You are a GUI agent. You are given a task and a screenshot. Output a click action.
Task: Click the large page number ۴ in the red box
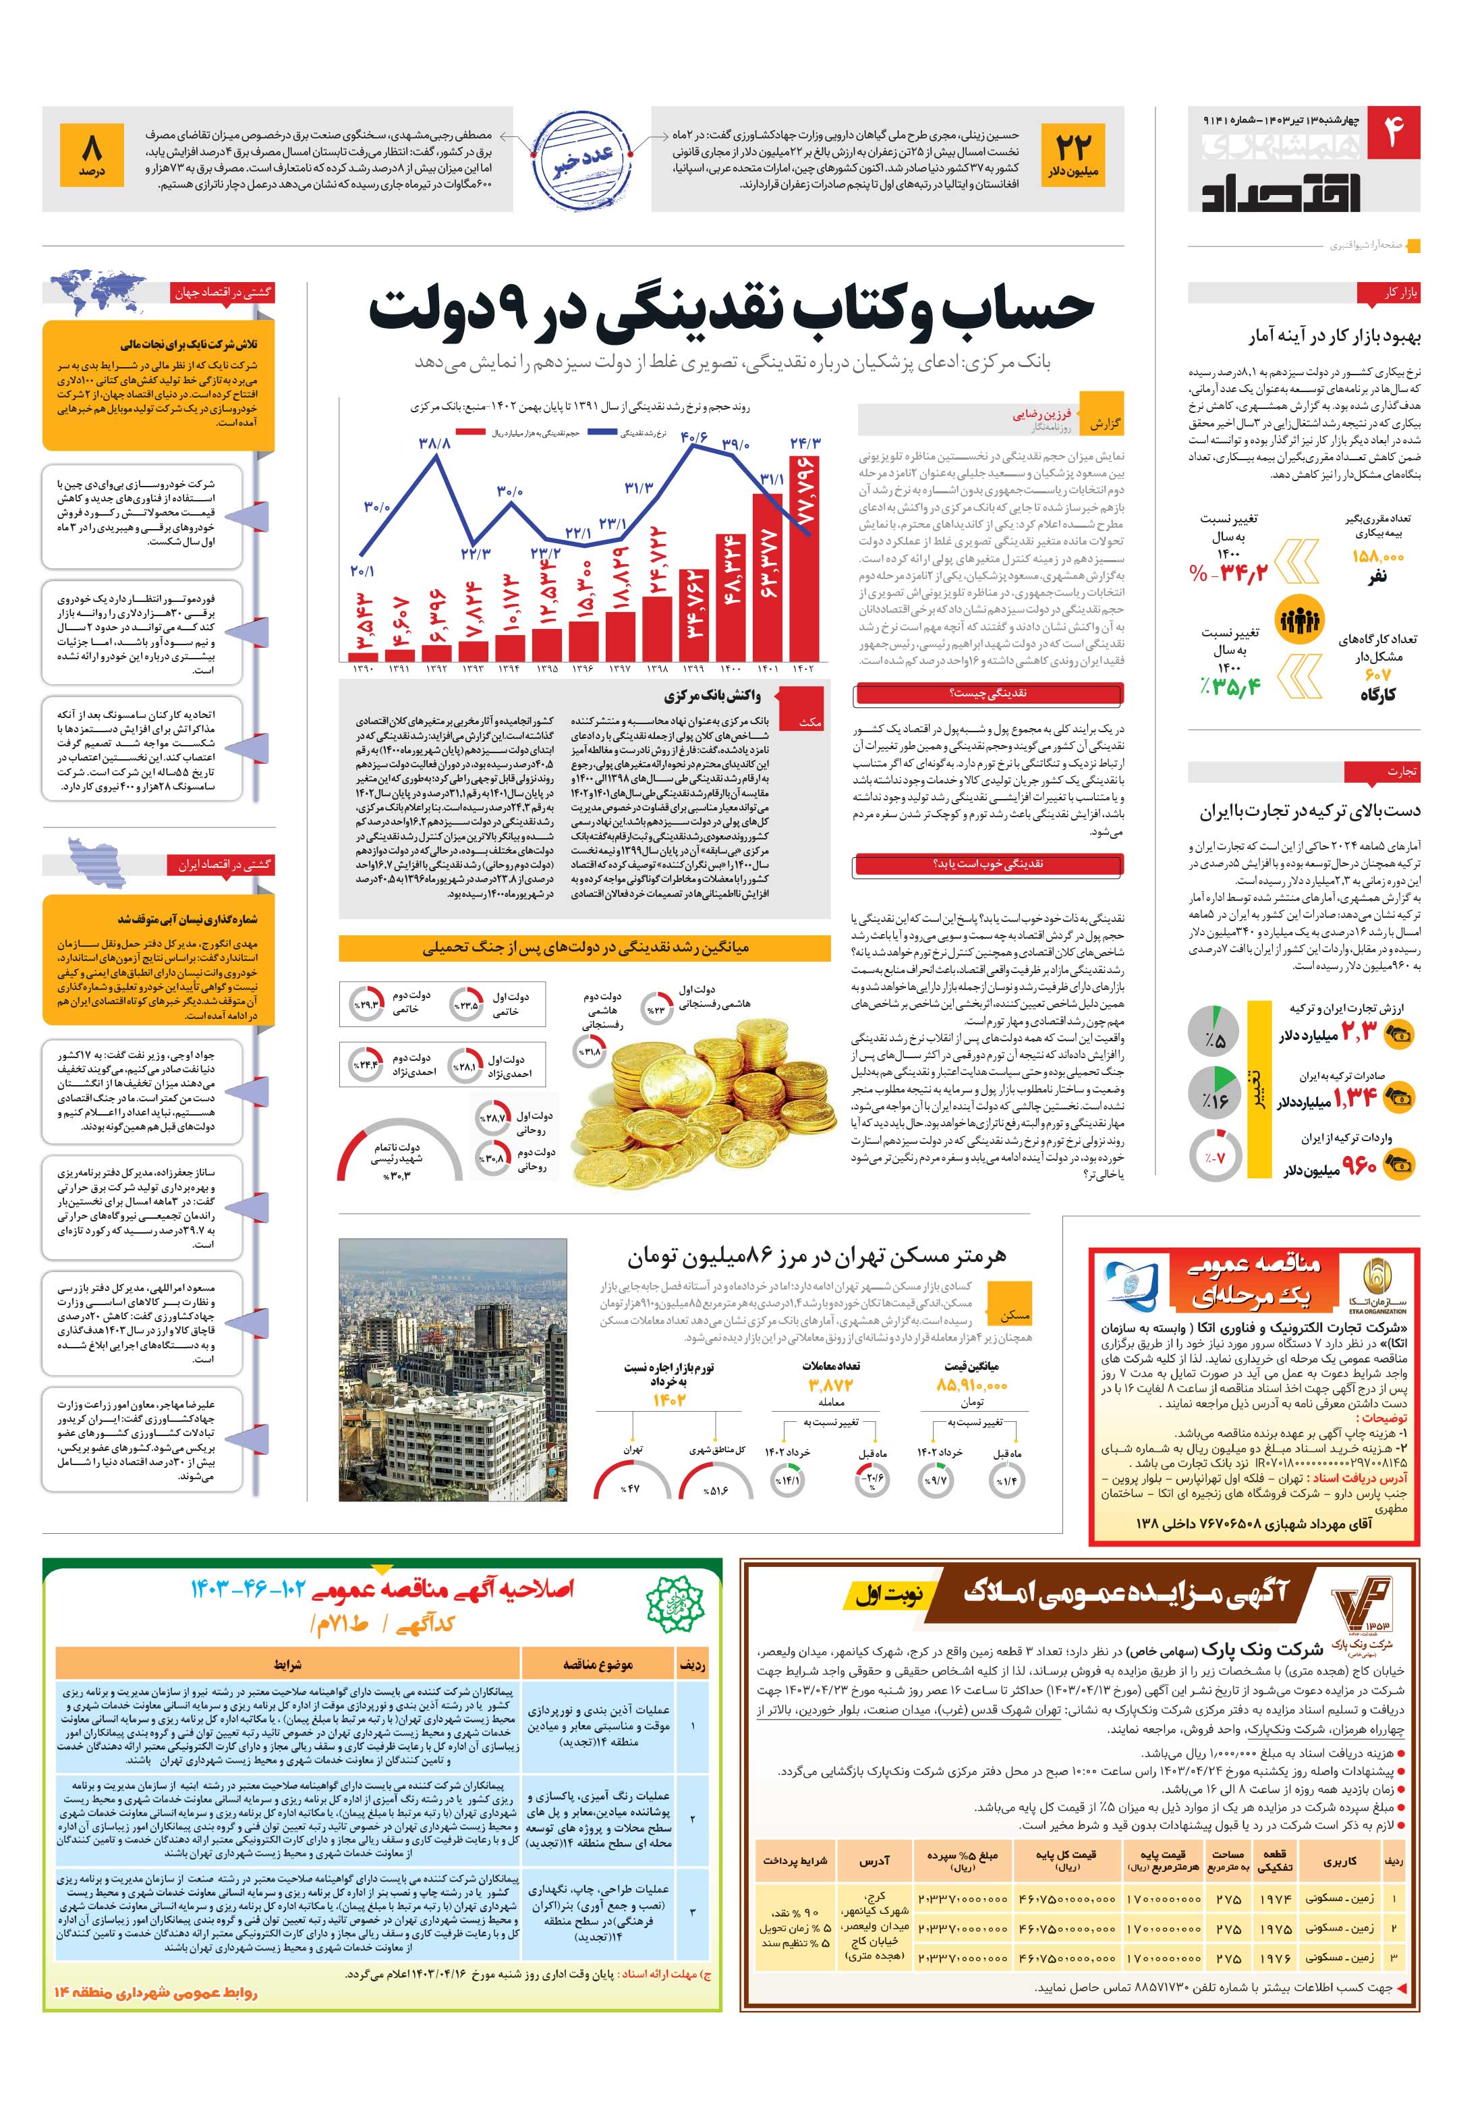point(1392,135)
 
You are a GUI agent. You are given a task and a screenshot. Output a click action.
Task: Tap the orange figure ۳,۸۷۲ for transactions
point(830,1385)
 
